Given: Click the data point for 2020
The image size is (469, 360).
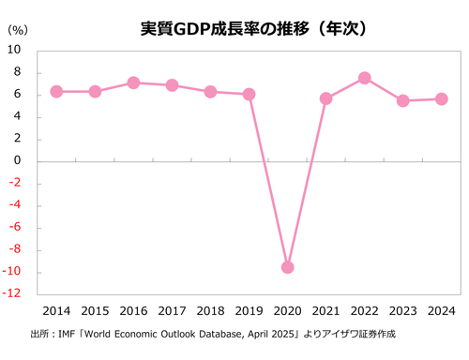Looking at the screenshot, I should (x=287, y=267).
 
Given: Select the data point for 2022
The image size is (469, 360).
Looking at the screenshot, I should (x=364, y=78).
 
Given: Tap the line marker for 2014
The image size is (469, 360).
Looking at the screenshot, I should (x=56, y=91).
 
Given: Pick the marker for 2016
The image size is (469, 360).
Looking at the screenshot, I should (x=133, y=82).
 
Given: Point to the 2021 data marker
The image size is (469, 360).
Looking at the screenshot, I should (x=325, y=98).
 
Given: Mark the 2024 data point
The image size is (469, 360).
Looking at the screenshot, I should (x=441, y=99).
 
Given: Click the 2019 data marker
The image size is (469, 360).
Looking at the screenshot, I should (x=249, y=94).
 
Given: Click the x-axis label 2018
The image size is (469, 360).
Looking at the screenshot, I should (x=210, y=310).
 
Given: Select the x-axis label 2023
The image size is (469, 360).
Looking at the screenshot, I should (x=402, y=310).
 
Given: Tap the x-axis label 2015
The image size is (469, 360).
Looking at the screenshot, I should (x=95, y=310).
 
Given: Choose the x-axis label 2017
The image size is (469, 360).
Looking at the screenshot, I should (x=172, y=310).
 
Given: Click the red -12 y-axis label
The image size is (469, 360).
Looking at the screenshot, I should (x=14, y=294).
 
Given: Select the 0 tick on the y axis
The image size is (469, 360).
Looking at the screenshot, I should (x=19, y=161).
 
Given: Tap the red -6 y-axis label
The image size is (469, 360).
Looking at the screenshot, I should (x=16, y=228).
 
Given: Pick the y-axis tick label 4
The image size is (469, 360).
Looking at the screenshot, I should (x=19, y=117).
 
